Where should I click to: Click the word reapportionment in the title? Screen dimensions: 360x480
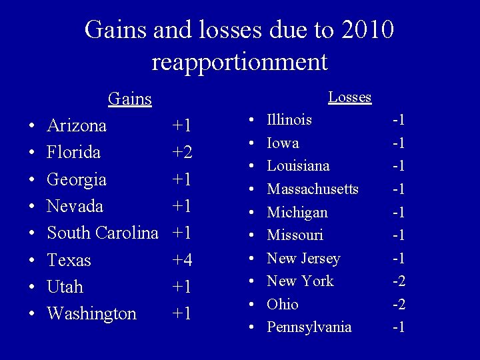click(x=239, y=62)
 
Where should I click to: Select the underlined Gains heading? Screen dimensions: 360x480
click(x=130, y=99)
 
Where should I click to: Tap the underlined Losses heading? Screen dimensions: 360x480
click(x=349, y=97)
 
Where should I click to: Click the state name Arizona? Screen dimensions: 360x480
click(x=77, y=126)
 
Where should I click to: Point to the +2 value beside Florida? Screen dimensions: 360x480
click(x=182, y=153)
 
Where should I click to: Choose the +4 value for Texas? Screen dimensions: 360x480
click(x=182, y=260)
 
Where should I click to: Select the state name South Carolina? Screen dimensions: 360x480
click(x=103, y=233)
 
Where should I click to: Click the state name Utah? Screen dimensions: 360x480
click(x=65, y=287)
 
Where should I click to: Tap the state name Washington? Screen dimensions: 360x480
click(x=91, y=313)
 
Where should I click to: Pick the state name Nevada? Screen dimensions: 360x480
click(x=75, y=206)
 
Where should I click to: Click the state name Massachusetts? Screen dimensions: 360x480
click(x=313, y=189)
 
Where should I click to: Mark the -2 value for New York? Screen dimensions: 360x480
click(x=399, y=281)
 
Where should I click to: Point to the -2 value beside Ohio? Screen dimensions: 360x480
click(x=399, y=305)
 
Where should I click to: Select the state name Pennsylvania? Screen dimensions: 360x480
click(x=309, y=327)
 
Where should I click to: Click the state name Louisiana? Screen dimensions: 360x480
click(x=298, y=166)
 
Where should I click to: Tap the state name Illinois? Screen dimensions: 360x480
click(x=289, y=120)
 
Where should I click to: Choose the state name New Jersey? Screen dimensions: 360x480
click(x=303, y=259)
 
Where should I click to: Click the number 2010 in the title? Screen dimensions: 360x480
click(x=365, y=30)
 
